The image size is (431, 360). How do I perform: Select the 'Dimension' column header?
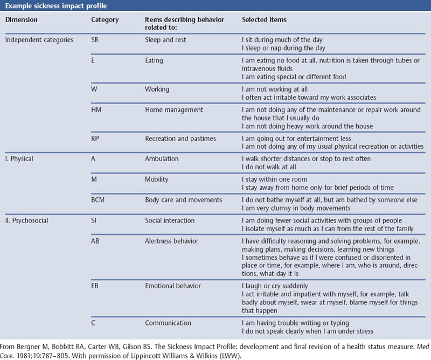coord(22,20)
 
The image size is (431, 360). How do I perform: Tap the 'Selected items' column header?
coord(264,20)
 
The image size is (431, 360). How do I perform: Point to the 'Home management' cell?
coord(174,110)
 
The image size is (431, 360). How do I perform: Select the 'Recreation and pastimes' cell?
coord(180,139)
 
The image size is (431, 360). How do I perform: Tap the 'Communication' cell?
coord(168,323)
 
